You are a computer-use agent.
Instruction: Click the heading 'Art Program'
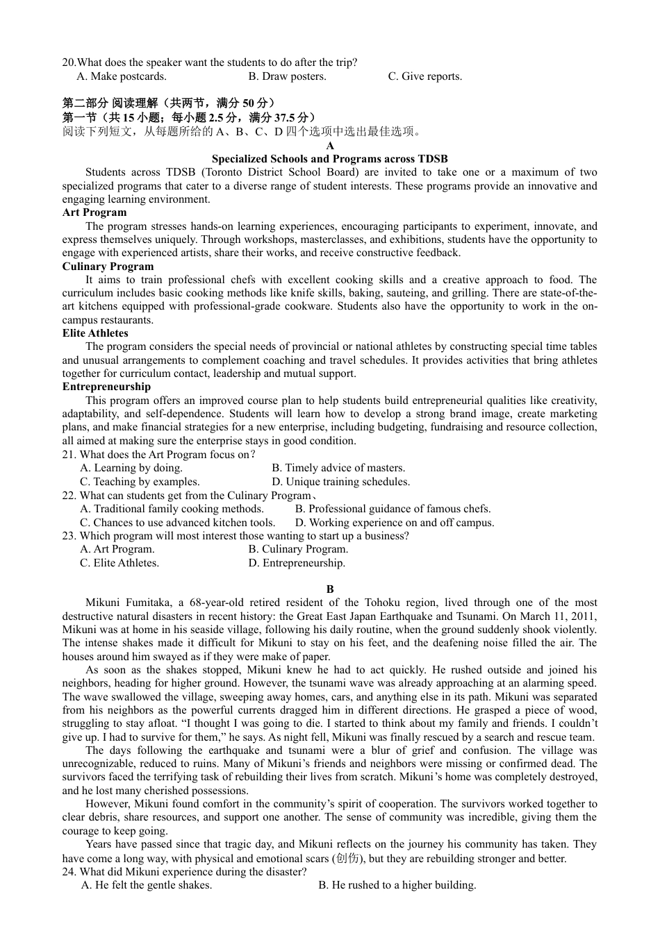[94, 212]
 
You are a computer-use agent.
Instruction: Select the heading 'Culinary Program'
[108, 267]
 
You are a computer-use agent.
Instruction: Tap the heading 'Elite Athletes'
[95, 333]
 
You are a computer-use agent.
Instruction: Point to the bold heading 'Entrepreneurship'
[106, 387]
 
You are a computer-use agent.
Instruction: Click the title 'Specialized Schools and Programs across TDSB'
[330, 159]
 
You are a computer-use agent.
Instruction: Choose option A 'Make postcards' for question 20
[122, 76]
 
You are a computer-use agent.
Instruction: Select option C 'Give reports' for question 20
[424, 76]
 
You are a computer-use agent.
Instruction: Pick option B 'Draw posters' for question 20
[287, 76]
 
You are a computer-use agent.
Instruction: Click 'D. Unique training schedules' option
[340, 482]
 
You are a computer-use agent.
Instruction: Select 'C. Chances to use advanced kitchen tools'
[177, 523]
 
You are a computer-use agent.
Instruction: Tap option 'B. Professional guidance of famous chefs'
[393, 509]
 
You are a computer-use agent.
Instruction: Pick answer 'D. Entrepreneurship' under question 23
[297, 563]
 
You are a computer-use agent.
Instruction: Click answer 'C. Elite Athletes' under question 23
[119, 563]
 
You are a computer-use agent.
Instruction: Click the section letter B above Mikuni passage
[330, 589]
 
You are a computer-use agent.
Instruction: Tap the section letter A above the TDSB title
[330, 146]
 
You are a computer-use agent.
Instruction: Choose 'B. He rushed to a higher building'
[397, 885]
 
